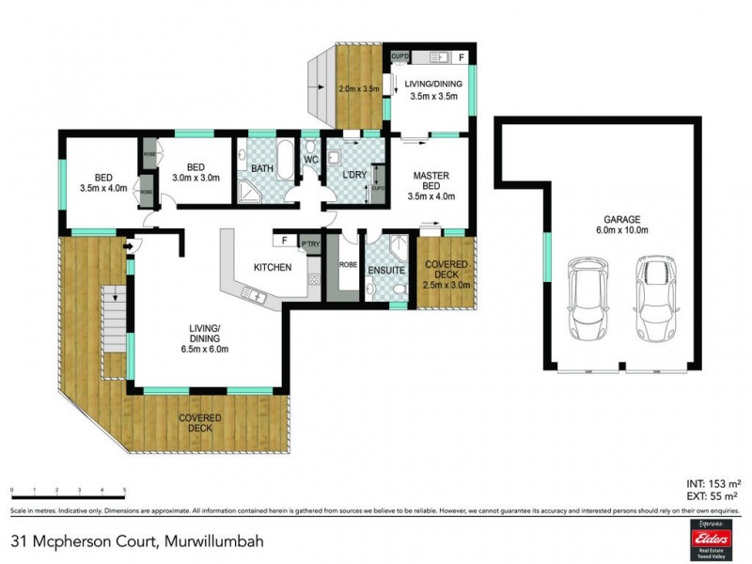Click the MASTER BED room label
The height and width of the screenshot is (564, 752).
coord(431,186)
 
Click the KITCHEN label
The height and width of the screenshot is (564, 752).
coord(273,268)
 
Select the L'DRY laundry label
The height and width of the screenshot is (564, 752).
coord(354,175)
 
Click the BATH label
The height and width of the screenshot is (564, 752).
coord(262,169)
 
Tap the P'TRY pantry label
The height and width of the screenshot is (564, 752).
coord(310,245)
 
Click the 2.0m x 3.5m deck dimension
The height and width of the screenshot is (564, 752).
coord(357,89)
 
